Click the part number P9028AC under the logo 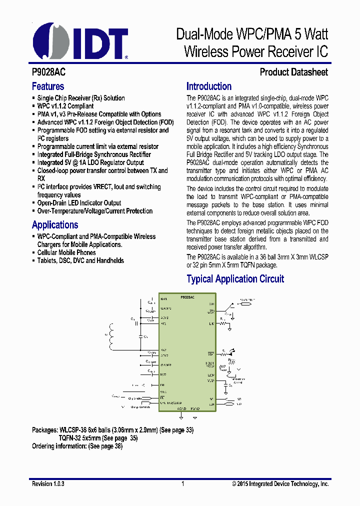pos(48,72)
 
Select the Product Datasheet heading pos(293,72)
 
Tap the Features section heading pos(48,86)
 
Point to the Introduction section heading pos(209,86)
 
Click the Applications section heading pos(55,224)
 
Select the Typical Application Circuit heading pos(235,279)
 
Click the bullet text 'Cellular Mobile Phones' pos(66,252)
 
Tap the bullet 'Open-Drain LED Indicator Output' pos(79,203)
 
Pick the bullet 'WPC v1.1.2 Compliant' pos(65,106)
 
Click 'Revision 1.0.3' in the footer pos(48,484)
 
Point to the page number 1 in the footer pos(183,484)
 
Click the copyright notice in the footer pos(280,484)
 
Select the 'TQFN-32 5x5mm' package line pos(98,438)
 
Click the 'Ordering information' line pos(77,446)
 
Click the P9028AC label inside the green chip pos(187,297)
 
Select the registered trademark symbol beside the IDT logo pos(126,57)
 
